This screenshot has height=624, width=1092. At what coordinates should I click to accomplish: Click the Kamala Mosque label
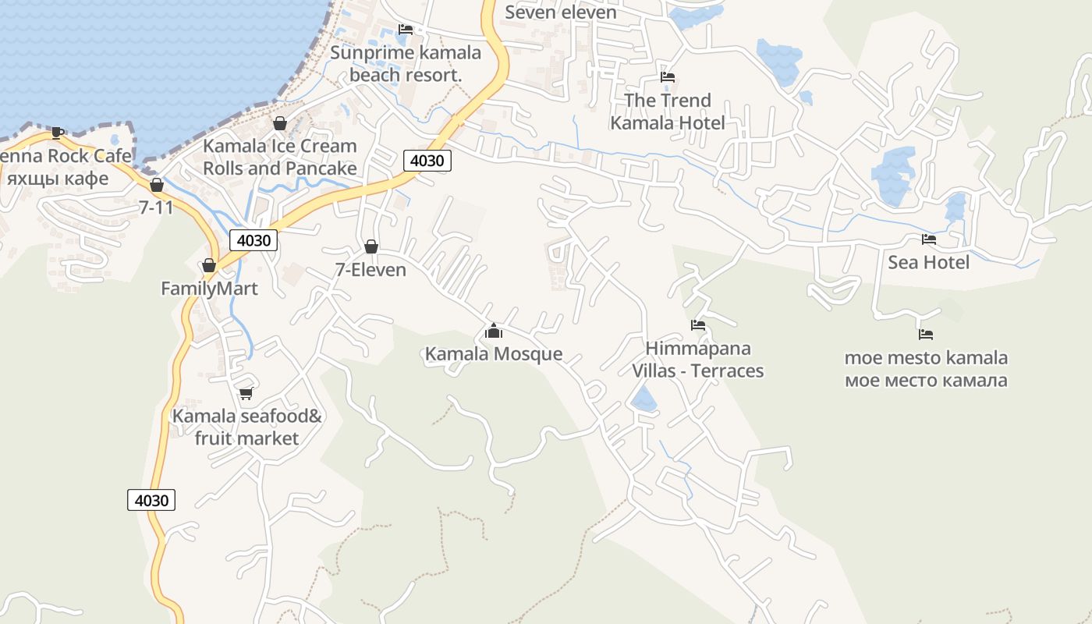click(x=493, y=354)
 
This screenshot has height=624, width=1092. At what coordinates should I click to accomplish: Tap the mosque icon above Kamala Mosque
click(x=493, y=331)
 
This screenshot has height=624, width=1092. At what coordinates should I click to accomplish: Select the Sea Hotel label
click(x=928, y=262)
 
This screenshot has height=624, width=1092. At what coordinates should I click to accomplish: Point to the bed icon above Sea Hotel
click(x=928, y=239)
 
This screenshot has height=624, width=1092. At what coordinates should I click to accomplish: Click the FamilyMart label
click(x=209, y=289)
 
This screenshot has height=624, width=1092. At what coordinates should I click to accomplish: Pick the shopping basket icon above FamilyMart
click(x=208, y=266)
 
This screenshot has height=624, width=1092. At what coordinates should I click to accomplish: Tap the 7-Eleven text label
click(x=370, y=270)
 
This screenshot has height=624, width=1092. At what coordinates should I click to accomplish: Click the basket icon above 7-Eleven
click(x=371, y=247)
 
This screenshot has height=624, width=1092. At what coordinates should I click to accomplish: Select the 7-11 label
click(x=156, y=207)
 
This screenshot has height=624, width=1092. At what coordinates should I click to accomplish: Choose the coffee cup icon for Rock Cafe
click(x=57, y=133)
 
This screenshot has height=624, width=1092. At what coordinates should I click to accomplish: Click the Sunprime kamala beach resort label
click(x=406, y=64)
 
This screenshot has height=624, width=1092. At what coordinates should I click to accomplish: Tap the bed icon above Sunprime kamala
click(x=406, y=30)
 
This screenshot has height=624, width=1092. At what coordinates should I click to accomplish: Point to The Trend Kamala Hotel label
click(x=668, y=112)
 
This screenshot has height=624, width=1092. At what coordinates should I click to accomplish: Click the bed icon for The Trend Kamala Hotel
click(x=668, y=77)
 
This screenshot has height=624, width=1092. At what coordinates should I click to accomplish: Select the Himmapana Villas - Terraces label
click(x=698, y=360)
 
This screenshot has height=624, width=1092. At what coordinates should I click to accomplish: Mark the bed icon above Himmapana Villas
click(x=698, y=325)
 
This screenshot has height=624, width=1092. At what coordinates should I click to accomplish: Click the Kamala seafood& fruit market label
click(x=246, y=427)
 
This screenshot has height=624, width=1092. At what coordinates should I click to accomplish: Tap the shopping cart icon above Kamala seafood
click(x=246, y=393)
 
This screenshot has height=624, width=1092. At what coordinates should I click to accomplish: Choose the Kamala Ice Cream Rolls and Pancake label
click(x=280, y=158)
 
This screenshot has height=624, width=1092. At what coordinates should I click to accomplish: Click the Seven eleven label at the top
click(x=561, y=12)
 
